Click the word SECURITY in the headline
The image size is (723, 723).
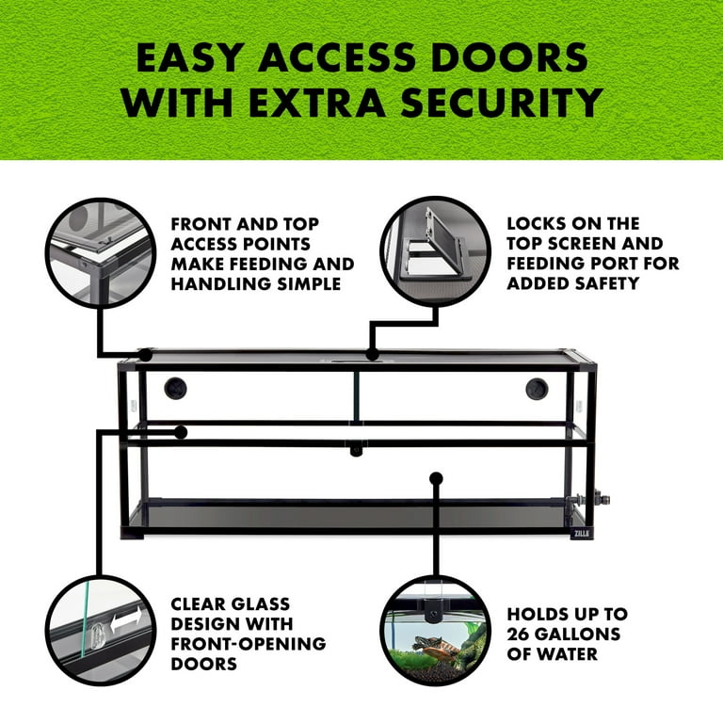(x=502, y=103)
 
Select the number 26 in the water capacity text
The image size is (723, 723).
(x=518, y=634)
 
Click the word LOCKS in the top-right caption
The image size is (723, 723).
(x=535, y=224)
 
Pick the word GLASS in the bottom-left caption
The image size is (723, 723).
(x=261, y=604)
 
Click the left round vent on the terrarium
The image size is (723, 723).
(x=175, y=388)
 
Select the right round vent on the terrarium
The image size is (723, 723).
(x=537, y=389)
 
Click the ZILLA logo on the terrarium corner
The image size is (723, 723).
(x=582, y=534)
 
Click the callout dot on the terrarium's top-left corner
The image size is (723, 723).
(x=145, y=355)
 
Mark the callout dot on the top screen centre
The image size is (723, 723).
(x=372, y=355)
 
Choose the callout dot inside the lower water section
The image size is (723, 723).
(x=436, y=478)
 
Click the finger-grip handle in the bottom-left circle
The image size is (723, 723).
(x=97, y=636)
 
